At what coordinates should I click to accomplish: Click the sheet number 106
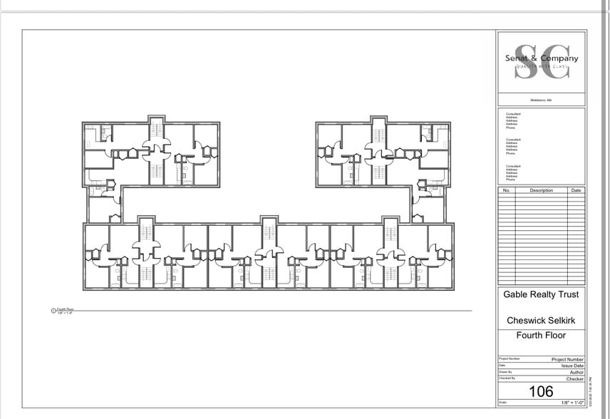(542, 391)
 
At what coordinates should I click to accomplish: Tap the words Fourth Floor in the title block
(542, 336)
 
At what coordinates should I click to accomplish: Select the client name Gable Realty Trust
(542, 294)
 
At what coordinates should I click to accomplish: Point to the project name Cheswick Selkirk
(542, 321)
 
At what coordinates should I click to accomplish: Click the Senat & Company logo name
(542, 58)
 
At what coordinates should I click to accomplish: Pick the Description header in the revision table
(541, 191)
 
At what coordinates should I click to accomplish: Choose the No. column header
(506, 191)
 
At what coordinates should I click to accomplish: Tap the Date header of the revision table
(576, 191)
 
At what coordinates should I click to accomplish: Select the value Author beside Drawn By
(577, 372)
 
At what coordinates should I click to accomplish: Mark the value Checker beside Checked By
(575, 379)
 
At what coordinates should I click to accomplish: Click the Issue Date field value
(572, 366)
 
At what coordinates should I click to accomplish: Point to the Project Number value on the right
(568, 360)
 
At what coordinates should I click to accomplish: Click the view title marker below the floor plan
(53, 310)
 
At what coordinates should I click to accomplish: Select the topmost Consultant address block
(513, 119)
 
